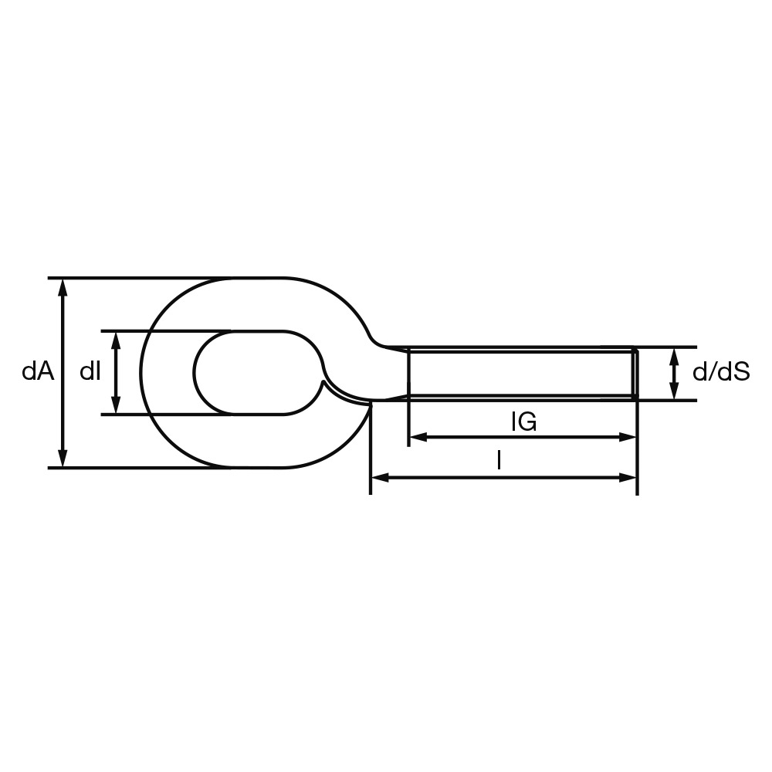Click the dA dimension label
[x=37, y=372]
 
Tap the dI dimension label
[x=90, y=372]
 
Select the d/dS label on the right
[x=721, y=373]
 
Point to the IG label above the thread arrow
[x=524, y=422]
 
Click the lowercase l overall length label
[x=499, y=462]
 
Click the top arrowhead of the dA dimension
[x=62, y=287]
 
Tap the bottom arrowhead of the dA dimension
[x=62, y=458]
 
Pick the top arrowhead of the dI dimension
[x=116, y=340]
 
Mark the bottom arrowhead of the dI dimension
[x=116, y=405]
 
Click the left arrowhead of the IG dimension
[x=418, y=437]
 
